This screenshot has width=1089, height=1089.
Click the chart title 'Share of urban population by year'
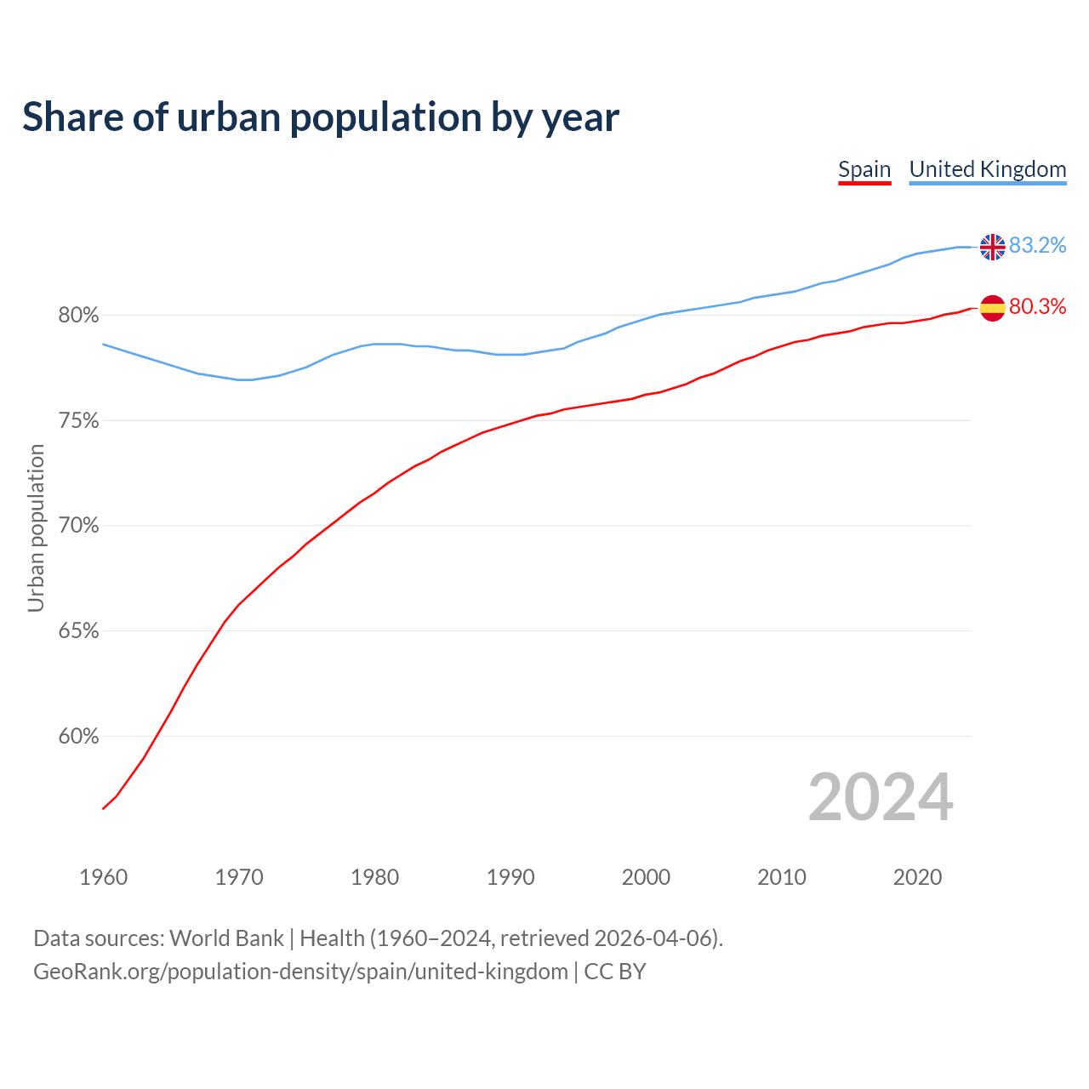click(x=321, y=117)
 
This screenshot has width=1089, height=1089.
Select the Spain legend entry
click(x=864, y=169)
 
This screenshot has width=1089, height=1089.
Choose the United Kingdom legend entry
click(x=987, y=169)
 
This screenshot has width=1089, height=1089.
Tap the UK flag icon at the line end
click(x=992, y=247)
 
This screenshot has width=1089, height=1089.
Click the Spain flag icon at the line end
click(x=992, y=308)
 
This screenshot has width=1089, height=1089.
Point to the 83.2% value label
click(x=1037, y=246)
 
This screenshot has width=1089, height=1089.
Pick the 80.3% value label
click(x=1037, y=307)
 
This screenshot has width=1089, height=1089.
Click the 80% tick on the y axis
click(x=78, y=316)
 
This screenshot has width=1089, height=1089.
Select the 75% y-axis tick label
click(x=78, y=421)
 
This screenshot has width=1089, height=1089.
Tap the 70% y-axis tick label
click(x=78, y=526)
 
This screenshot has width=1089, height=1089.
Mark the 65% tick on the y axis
click(x=78, y=631)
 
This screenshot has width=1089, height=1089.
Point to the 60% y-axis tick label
click(x=78, y=737)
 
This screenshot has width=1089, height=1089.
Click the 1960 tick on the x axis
click(x=103, y=877)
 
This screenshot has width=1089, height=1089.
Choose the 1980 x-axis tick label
click(x=374, y=877)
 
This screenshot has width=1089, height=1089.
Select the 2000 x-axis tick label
click(x=646, y=877)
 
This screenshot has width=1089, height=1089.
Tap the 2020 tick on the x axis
click(x=917, y=877)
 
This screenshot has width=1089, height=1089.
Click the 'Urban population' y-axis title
click(x=36, y=527)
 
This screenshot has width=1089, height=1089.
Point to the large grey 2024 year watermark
click(x=881, y=797)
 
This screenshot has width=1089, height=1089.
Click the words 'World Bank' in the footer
click(x=226, y=938)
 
